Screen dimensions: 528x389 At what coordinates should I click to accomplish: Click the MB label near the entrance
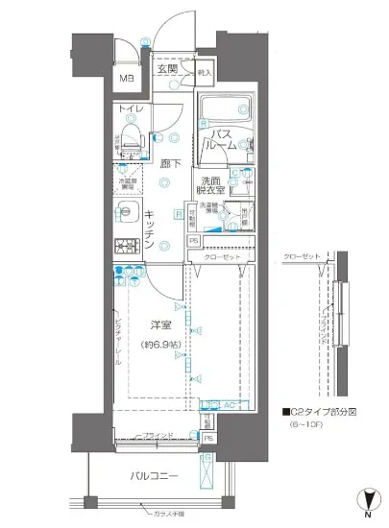(127, 79)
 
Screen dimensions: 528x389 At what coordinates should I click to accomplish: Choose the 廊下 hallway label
(171, 164)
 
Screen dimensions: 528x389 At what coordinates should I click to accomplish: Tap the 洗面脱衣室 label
(215, 186)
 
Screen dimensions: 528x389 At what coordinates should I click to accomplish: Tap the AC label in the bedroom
(229, 406)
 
